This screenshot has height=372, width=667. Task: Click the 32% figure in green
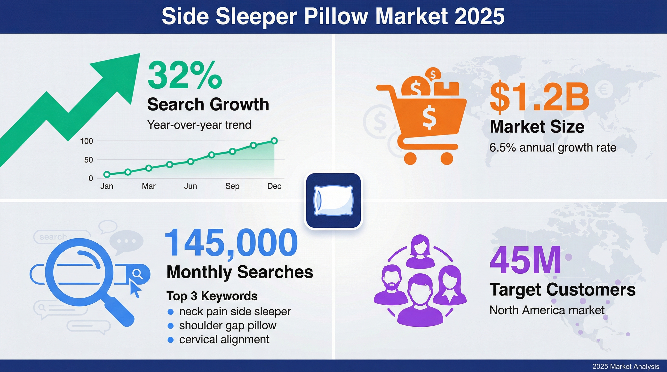pos(185,75)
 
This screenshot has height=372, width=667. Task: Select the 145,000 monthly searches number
pos(231,243)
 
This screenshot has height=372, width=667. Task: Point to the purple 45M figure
pos(525,260)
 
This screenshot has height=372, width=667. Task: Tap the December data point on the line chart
pos(274,141)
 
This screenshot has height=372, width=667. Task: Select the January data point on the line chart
pos(107,174)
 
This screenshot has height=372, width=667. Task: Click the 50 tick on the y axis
pos(88,160)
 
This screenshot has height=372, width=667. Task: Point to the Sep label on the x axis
pos(232,186)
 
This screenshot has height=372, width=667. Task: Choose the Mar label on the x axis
pos(149,186)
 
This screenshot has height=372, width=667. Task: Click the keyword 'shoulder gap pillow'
pos(228,325)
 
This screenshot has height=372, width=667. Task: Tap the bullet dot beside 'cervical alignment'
pos(170,340)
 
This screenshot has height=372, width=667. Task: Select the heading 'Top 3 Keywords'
pos(212,296)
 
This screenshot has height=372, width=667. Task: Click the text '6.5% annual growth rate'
pos(553,148)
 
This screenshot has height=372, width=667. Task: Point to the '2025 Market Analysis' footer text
pos(626,366)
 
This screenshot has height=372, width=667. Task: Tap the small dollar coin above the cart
pos(433,75)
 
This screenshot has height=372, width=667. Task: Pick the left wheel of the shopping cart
pos(410,158)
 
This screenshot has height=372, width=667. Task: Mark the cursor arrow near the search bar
pos(135,289)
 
